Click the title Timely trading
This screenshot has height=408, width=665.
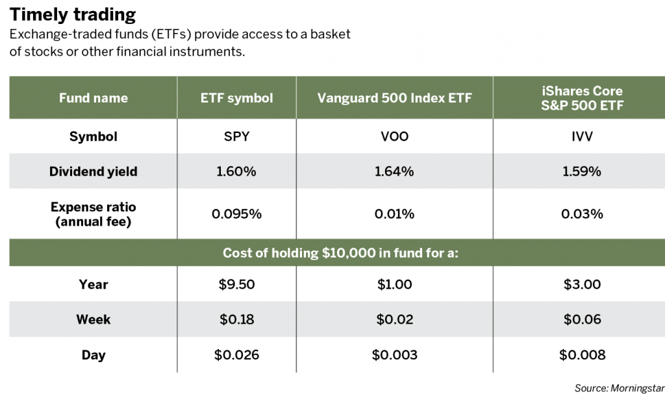(x=73, y=14)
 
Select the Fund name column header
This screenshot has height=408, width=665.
(x=94, y=98)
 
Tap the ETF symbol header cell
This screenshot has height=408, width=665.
(x=236, y=98)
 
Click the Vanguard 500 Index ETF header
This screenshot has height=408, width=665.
(x=394, y=98)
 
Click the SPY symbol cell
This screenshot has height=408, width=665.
(x=236, y=136)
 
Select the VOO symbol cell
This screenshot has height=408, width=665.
(x=394, y=136)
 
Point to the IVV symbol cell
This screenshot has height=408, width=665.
(x=582, y=136)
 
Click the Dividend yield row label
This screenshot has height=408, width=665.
(x=94, y=171)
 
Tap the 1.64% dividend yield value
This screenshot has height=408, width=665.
(x=394, y=171)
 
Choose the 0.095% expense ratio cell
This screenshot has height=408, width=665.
(x=236, y=214)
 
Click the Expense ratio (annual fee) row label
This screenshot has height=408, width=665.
(x=94, y=214)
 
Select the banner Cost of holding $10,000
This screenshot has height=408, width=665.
(x=340, y=253)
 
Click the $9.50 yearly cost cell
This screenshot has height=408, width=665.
(x=236, y=284)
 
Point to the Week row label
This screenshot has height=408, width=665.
(x=94, y=319)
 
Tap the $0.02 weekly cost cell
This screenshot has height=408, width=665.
(x=394, y=319)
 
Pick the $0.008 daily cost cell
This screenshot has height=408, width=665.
(x=582, y=355)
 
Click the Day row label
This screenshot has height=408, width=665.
(x=94, y=355)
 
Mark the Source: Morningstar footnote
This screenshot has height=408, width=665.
(x=620, y=388)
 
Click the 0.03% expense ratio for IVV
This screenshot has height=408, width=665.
(x=582, y=214)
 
